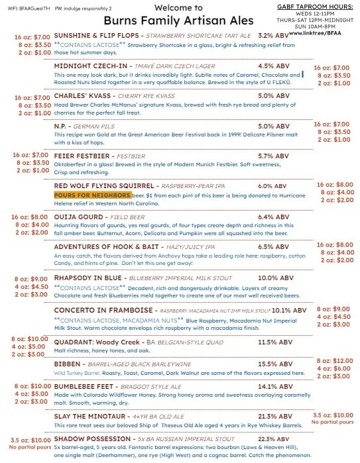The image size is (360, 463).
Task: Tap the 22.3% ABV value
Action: [271, 439]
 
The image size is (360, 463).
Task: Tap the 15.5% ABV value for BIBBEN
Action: [271, 364]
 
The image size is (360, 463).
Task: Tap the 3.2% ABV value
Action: [271, 35]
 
